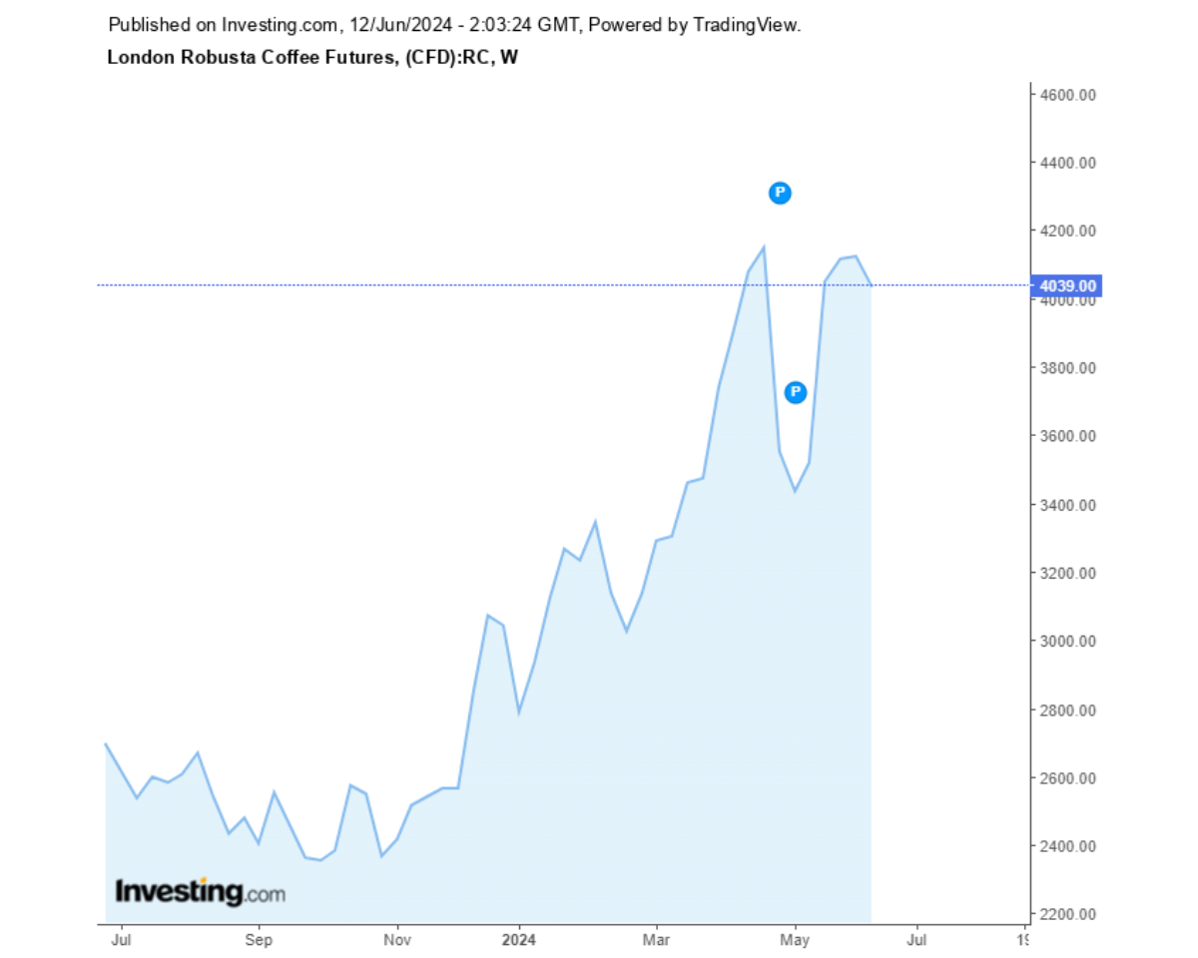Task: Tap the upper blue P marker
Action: point(780,194)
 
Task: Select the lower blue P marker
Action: point(796,392)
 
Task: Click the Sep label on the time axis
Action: point(259,939)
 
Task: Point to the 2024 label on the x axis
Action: point(519,939)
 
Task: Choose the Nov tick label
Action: point(397,939)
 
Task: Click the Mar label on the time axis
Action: point(656,939)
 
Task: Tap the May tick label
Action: point(795,939)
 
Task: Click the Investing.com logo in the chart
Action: point(200,891)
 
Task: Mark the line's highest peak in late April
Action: point(764,246)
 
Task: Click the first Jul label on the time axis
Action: point(121,939)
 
